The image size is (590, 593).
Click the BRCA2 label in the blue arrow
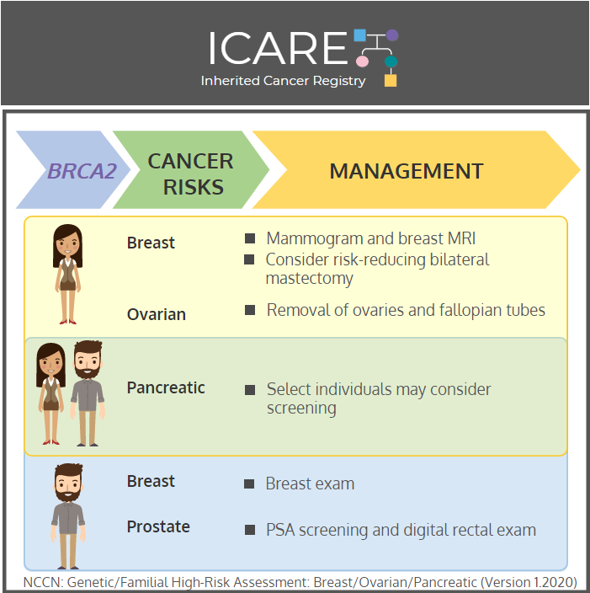(x=82, y=171)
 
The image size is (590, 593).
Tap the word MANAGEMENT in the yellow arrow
(x=407, y=171)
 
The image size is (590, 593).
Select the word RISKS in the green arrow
(x=193, y=187)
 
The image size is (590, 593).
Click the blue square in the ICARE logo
(x=360, y=35)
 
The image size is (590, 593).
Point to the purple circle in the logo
(x=392, y=35)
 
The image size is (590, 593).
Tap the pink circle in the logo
(x=362, y=61)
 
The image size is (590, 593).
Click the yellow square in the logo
(x=391, y=81)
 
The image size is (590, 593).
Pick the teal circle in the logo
(x=391, y=61)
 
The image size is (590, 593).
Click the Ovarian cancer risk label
(x=157, y=315)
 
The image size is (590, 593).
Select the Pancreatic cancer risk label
(x=166, y=387)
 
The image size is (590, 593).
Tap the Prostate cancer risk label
(x=158, y=526)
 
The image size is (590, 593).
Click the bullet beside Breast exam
(x=249, y=483)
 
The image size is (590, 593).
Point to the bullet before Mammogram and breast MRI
(x=250, y=238)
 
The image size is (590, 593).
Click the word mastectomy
(x=309, y=279)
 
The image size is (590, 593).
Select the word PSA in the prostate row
(x=280, y=530)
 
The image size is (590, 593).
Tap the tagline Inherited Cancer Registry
(x=283, y=81)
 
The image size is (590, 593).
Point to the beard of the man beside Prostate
(x=68, y=494)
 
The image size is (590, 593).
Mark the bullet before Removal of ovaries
(x=250, y=310)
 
